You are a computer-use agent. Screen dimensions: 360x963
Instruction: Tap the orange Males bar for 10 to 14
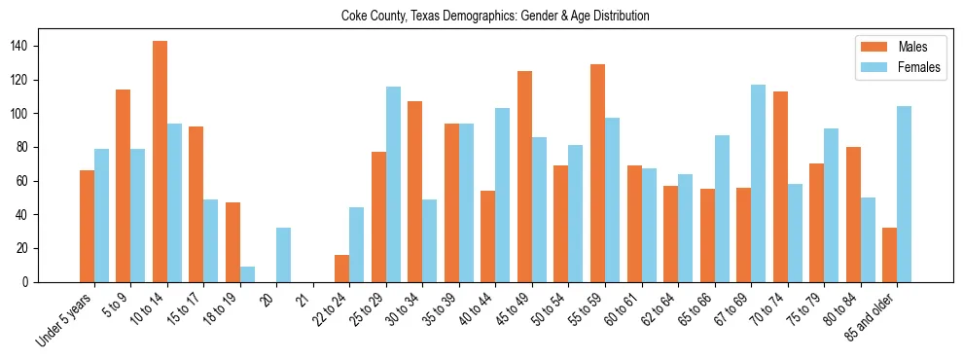pyautogui.click(x=160, y=162)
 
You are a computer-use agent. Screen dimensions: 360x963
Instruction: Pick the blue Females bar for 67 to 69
pyautogui.click(x=758, y=184)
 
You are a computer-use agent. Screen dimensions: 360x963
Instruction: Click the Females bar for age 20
pyautogui.click(x=283, y=255)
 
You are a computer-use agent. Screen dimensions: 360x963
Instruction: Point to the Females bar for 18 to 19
pyautogui.click(x=247, y=274)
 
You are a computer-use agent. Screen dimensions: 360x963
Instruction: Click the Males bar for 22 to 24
pyautogui.click(x=341, y=269)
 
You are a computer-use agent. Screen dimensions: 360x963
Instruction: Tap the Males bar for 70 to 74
pyautogui.click(x=779, y=187)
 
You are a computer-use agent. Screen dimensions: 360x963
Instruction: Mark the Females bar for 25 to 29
pyautogui.click(x=393, y=185)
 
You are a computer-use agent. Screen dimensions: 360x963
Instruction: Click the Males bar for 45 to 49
pyautogui.click(x=524, y=177)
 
